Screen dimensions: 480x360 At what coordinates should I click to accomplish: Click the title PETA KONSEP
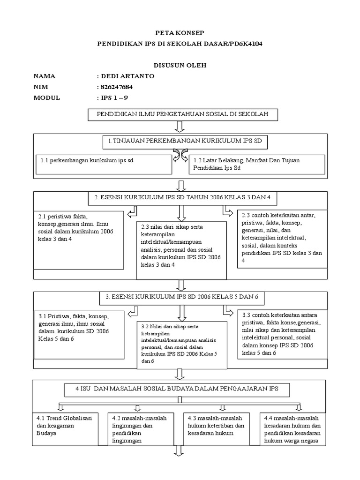click(x=180, y=34)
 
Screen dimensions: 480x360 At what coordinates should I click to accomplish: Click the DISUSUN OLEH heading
click(x=180, y=65)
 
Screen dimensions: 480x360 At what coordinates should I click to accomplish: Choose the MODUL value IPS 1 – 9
click(x=115, y=97)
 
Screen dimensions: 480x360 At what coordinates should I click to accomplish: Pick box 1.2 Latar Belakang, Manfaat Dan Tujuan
click(x=256, y=164)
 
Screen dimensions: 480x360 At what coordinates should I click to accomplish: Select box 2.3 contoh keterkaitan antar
click(x=282, y=238)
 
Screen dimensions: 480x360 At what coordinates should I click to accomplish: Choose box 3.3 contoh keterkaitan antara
click(x=282, y=334)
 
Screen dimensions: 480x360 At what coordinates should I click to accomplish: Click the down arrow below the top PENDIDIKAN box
click(x=180, y=127)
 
